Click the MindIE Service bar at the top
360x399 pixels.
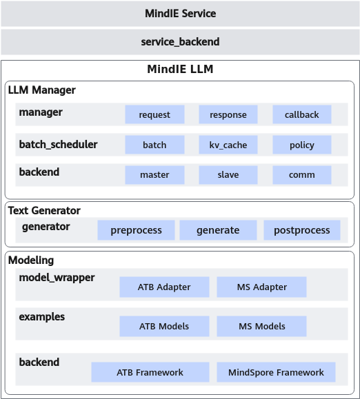point(180,14)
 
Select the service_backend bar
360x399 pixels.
point(180,42)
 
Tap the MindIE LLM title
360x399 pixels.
point(180,69)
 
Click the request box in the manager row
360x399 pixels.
point(154,114)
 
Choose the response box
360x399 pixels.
point(228,114)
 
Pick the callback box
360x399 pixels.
point(302,114)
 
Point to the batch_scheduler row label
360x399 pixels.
point(59,145)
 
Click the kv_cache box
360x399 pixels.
point(228,145)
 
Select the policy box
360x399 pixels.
point(302,145)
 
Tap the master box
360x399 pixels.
point(154,175)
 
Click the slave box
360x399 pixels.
point(228,175)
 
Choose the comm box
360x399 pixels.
point(302,175)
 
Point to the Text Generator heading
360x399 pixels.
point(44,210)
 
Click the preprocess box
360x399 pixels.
point(136,230)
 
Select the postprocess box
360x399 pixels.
point(302,230)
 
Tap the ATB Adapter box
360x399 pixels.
point(164,287)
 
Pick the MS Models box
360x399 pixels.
point(262,326)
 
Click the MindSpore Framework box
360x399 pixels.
point(276,372)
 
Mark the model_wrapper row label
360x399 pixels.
point(57,278)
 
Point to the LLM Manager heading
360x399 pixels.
point(42,90)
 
